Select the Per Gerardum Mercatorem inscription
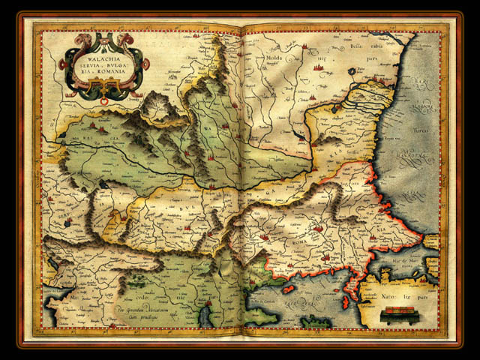point(139,310)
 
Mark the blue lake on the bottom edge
point(205,317)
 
